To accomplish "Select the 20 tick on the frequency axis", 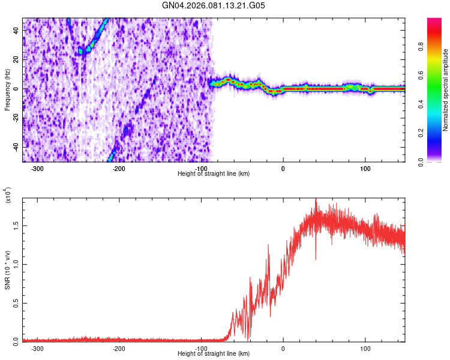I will pos(17,60).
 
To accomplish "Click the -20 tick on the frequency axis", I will pos(15,118).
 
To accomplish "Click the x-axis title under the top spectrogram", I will pos(214,173).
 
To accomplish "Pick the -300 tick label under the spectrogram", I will pos(37,168).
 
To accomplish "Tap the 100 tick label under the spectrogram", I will pos(365,168).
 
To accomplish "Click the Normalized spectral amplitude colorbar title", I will pos(445,90).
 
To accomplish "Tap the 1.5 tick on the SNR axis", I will pos(15,225).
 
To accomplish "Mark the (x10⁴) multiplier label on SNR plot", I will pos(7,196).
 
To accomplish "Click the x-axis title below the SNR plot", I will pos(214,353).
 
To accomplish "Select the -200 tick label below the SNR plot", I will pos(119,348).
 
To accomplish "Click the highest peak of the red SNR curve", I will pos(316,200).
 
